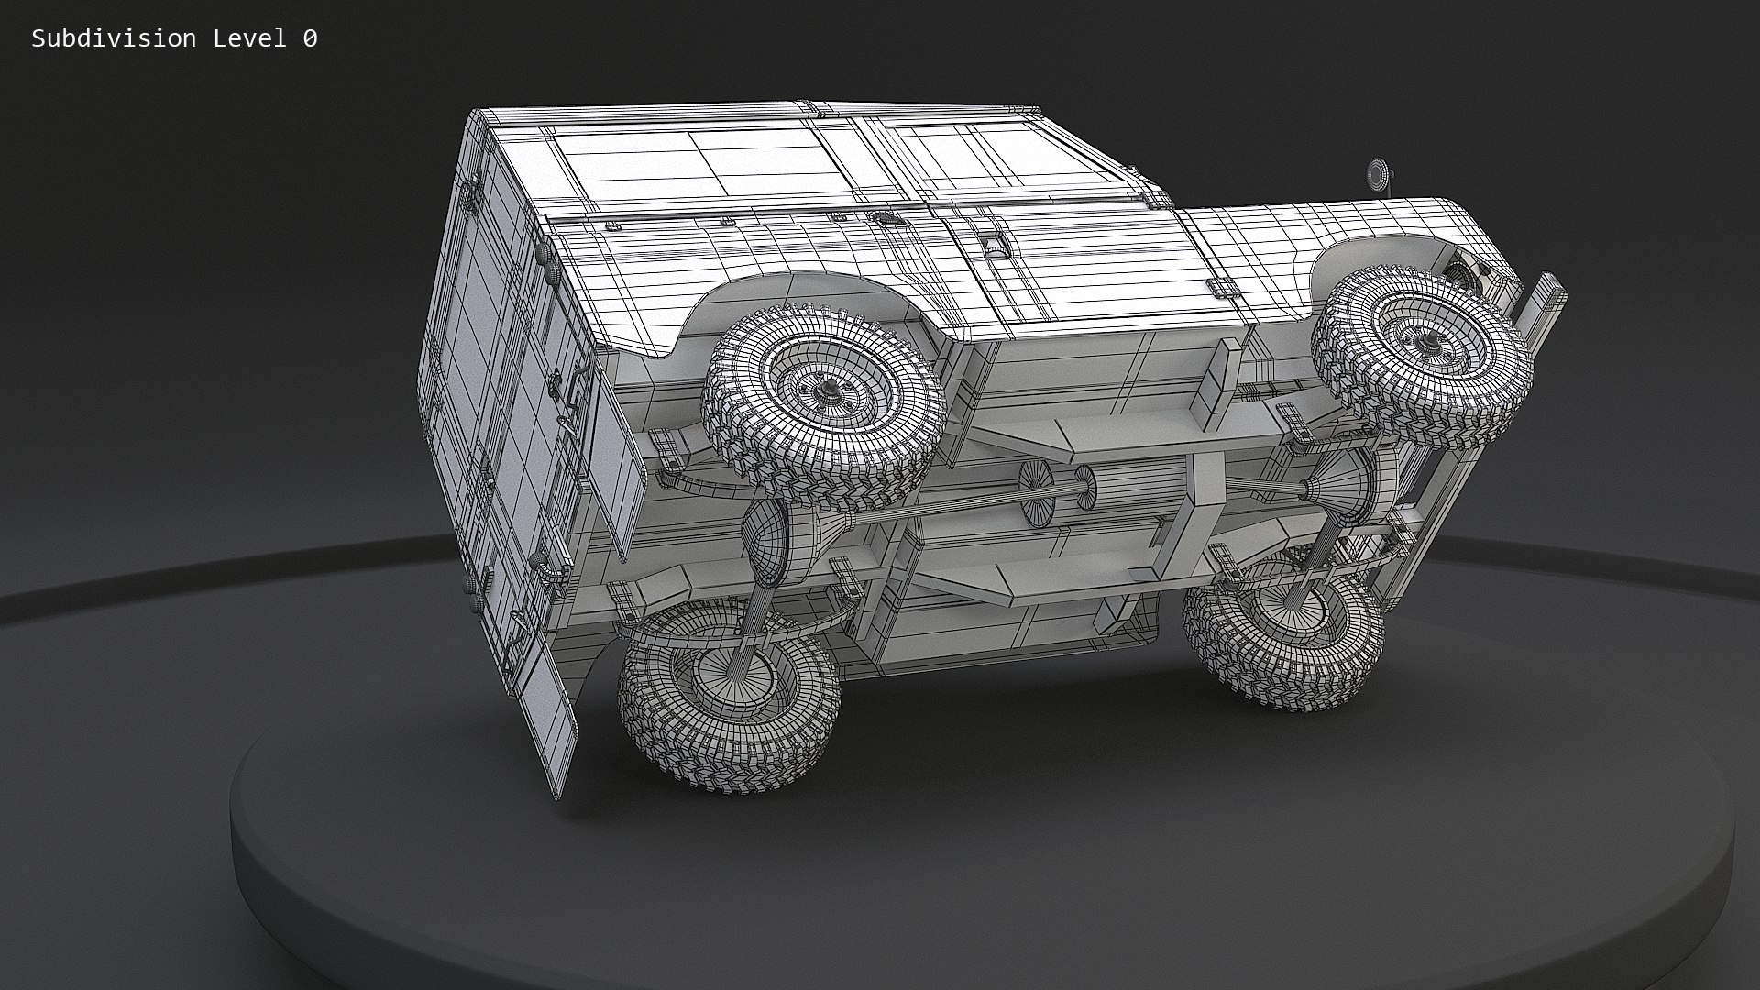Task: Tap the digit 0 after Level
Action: click(310, 38)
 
